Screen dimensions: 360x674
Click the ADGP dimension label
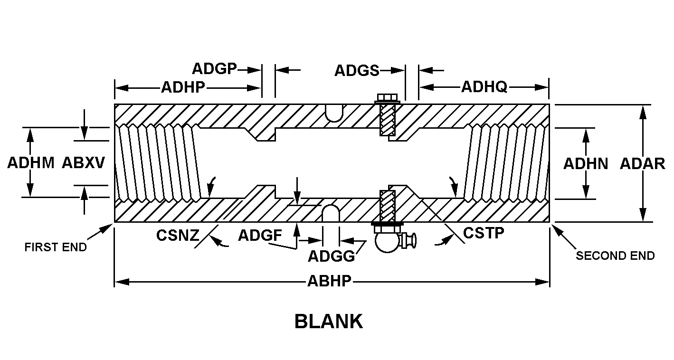point(214,69)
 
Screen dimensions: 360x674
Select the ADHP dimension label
point(183,87)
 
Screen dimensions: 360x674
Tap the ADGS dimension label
point(357,70)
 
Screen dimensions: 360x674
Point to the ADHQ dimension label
point(484,87)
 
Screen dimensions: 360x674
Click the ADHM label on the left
point(31,163)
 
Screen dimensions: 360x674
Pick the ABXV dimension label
point(84,163)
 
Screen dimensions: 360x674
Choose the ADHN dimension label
point(586,164)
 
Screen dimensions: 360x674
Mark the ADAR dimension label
point(642,164)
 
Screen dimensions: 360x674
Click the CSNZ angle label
point(178,236)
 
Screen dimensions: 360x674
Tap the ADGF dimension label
point(260,235)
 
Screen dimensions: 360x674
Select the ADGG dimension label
point(331,256)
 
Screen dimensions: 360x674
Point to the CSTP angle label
point(483,233)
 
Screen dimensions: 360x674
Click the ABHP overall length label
point(329,281)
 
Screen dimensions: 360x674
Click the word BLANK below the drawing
point(329,322)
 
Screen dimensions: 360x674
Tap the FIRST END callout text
point(56,247)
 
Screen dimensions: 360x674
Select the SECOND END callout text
point(615,256)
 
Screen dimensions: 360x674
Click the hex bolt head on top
point(388,98)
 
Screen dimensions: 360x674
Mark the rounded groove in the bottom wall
point(331,213)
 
